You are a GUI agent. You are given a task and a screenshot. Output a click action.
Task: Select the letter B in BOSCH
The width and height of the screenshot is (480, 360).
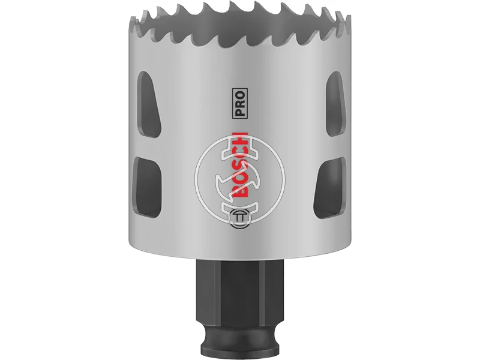point(239,191)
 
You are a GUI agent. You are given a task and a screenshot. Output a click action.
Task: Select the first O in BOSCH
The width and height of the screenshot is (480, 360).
point(239,178)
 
